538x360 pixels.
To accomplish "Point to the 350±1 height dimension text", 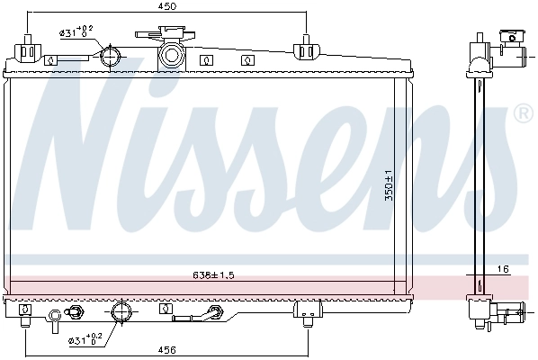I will (x=389, y=186).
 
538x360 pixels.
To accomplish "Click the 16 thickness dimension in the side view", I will (x=503, y=269).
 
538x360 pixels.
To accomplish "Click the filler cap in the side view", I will (x=509, y=39).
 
